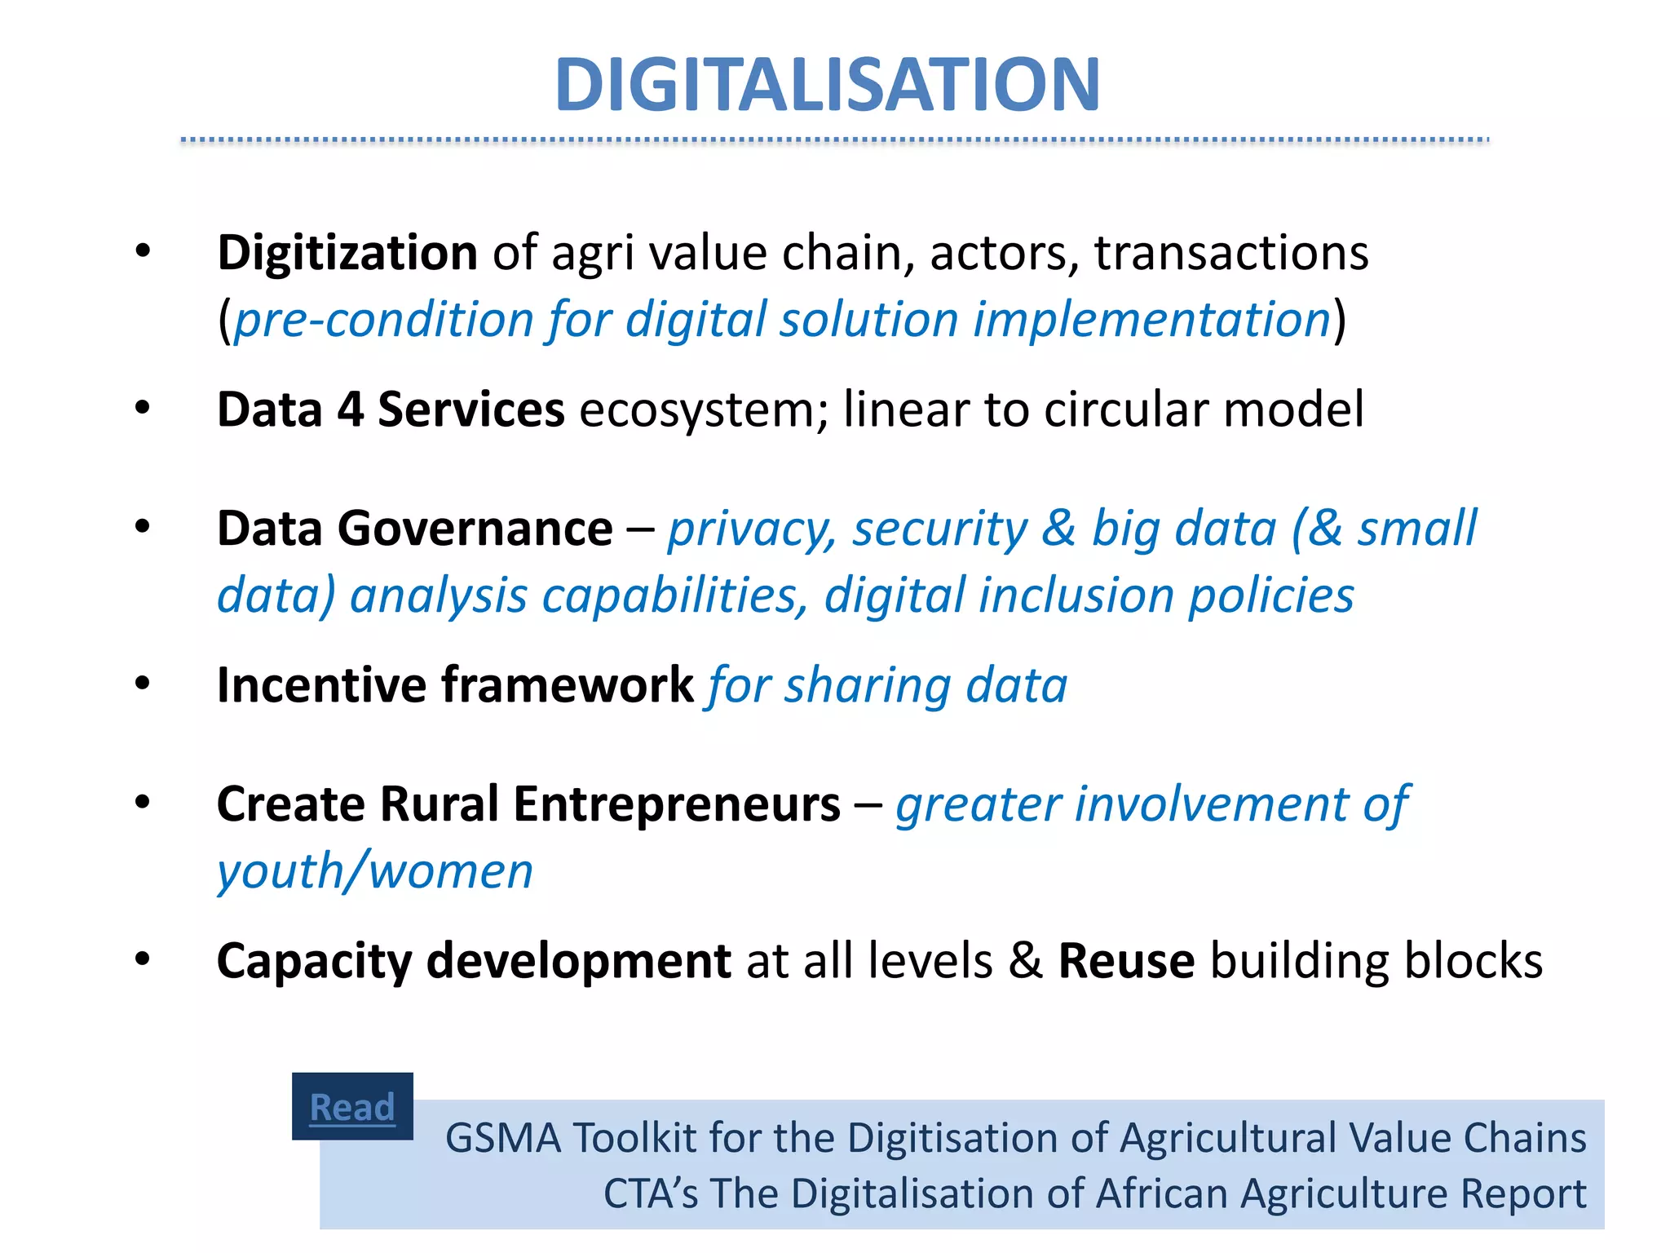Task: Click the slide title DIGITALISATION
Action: point(828,84)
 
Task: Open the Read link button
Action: point(352,1107)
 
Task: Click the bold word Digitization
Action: point(347,253)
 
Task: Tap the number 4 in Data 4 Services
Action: point(351,410)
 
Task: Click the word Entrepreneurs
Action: point(677,804)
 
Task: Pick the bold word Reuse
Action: point(1126,961)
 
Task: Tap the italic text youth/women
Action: point(375,871)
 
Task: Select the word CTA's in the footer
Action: point(651,1193)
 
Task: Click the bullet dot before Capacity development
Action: point(143,959)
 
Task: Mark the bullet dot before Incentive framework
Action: point(143,683)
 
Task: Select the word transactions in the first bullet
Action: point(1231,253)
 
